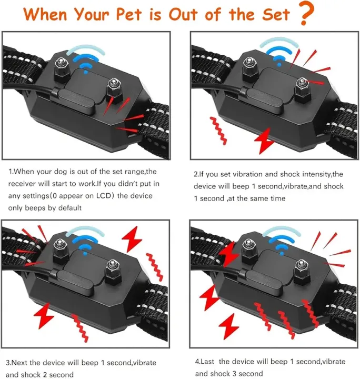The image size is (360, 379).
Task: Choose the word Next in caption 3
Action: (24, 363)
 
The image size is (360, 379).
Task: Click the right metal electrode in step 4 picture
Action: (301, 268)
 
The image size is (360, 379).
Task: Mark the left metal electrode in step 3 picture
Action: (59, 245)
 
